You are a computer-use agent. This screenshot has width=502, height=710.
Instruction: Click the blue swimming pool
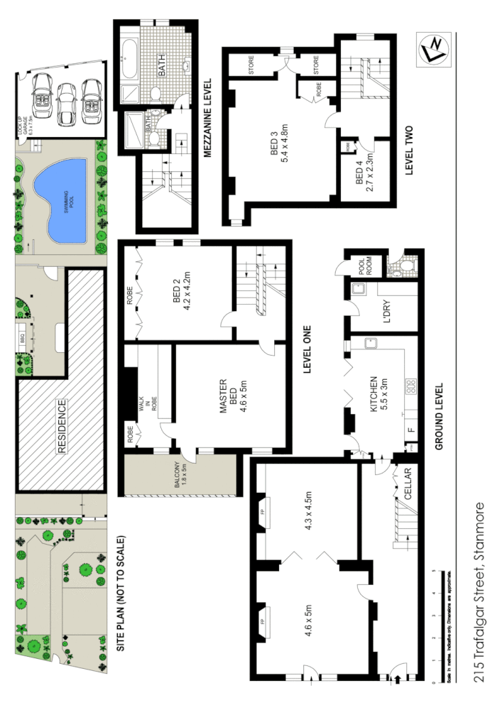(64, 200)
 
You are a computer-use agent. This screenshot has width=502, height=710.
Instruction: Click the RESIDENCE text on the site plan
(62, 427)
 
